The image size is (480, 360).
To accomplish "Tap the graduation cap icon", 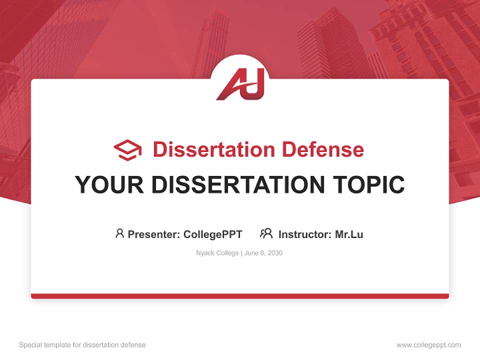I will pyautogui.click(x=127, y=150).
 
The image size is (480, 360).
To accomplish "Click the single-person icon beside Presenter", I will pyautogui.click(x=119, y=233).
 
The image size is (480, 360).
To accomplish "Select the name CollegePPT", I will pyautogui.click(x=213, y=234).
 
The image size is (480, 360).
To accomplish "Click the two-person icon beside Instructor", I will pyautogui.click(x=266, y=233).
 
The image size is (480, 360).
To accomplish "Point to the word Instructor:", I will pyautogui.click(x=304, y=234).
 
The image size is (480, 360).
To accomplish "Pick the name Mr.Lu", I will pyautogui.click(x=349, y=234).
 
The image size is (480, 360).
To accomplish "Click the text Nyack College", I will pyautogui.click(x=217, y=253).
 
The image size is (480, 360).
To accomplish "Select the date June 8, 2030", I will pyautogui.click(x=263, y=253).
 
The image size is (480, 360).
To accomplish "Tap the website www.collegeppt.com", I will pyautogui.click(x=428, y=345).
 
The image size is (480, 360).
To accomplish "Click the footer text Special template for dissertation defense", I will pyautogui.click(x=82, y=345).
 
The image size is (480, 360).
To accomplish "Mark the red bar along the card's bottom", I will pyautogui.click(x=240, y=296).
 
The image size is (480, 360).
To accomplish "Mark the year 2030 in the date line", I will pyautogui.click(x=274, y=253).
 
